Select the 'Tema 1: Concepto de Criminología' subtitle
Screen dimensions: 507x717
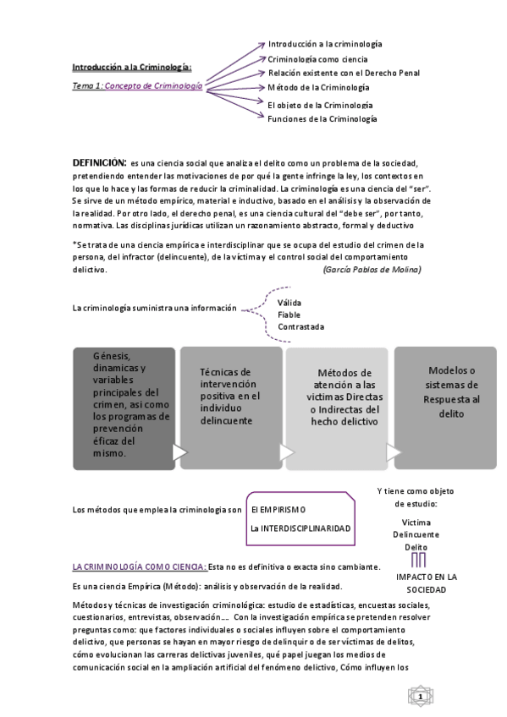(137, 86)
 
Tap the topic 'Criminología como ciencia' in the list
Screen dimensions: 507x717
(317, 59)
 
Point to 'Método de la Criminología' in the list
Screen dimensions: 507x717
(318, 87)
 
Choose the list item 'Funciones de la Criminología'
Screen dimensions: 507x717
(322, 119)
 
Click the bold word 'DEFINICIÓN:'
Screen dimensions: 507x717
(99, 161)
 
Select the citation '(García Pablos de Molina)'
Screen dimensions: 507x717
(372, 269)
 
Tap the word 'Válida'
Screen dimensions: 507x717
(289, 302)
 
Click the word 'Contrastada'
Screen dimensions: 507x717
(300, 326)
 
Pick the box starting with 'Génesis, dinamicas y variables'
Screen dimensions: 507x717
(123, 404)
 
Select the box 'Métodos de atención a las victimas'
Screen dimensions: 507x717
(338, 397)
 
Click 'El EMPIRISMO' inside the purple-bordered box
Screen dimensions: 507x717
(278, 510)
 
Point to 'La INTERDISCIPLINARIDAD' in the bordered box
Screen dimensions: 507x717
(300, 528)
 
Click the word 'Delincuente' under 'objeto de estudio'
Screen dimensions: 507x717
(416, 534)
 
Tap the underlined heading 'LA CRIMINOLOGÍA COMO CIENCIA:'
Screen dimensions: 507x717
(139, 566)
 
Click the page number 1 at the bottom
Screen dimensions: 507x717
(420, 696)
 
